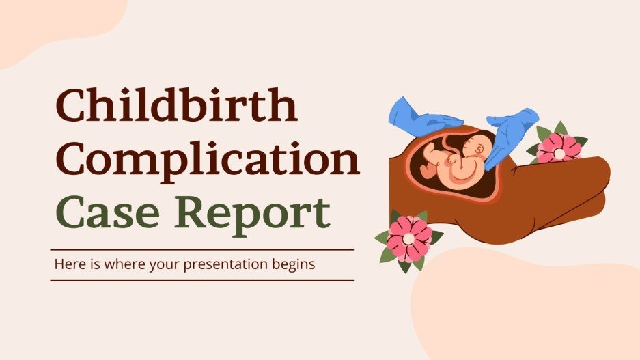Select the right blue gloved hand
[512, 133]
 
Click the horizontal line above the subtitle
[202, 249]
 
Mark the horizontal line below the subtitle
[202, 280]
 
